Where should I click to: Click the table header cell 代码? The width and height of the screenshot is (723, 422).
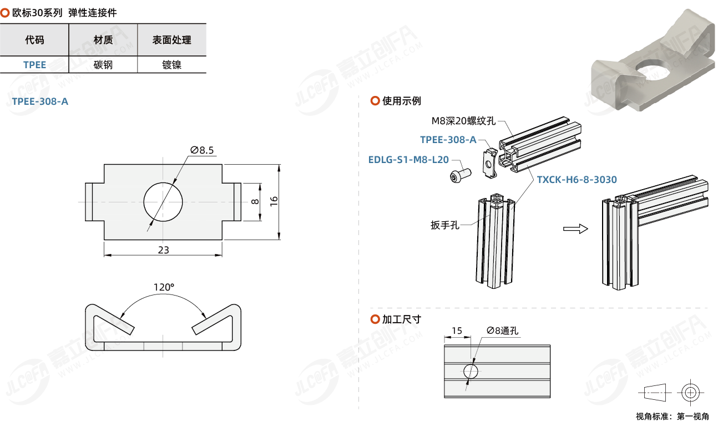tap(34, 40)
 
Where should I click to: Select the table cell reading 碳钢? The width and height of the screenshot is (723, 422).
tap(103, 65)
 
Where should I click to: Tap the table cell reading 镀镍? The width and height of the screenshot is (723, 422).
tap(172, 65)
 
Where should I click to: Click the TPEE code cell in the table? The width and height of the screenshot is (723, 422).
tap(34, 65)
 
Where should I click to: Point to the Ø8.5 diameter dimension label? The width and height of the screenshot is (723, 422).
tap(202, 150)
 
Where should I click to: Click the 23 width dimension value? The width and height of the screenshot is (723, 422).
tap(163, 250)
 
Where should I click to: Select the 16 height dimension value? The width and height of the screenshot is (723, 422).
tap(274, 201)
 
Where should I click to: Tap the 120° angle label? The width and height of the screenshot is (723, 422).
tap(164, 287)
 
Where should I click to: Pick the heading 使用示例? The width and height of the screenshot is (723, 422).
tap(401, 101)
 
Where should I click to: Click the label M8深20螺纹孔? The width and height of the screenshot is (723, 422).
tap(463, 121)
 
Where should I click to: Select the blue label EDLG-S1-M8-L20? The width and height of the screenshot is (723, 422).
tap(408, 160)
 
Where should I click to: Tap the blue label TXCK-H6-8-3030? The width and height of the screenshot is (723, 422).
tap(577, 180)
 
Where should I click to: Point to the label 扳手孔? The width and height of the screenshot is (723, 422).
tap(445, 225)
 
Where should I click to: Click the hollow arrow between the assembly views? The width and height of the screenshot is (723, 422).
tap(575, 228)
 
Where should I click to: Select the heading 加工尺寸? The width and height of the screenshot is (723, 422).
tap(401, 319)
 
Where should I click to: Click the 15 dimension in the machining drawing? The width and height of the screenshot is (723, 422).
tap(457, 331)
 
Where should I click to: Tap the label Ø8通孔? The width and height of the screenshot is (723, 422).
tap(502, 331)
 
